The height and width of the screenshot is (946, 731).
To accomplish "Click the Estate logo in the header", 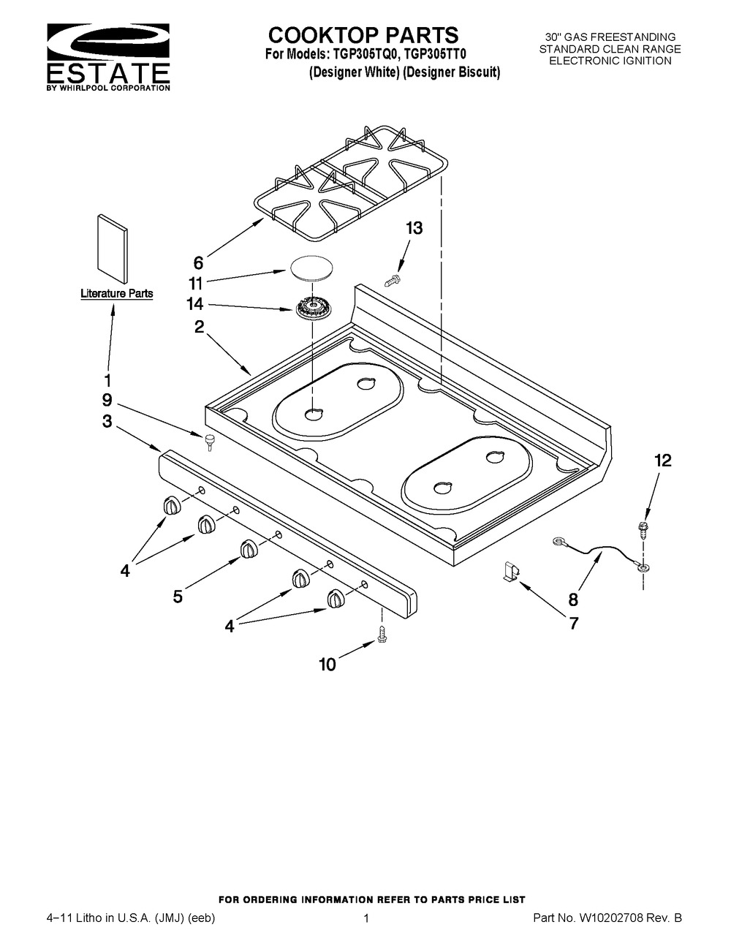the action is [x=108, y=56].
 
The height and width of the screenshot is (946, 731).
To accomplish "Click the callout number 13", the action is [x=414, y=228].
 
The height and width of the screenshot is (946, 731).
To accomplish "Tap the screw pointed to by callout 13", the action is [x=393, y=280].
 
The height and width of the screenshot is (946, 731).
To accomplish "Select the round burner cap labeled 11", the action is [x=309, y=266].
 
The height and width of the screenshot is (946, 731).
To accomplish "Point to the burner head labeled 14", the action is [x=312, y=309].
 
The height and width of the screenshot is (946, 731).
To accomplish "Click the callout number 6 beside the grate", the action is [x=198, y=263].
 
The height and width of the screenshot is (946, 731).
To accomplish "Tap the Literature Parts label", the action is [x=117, y=293].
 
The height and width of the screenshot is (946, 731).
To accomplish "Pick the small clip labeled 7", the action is [x=510, y=571].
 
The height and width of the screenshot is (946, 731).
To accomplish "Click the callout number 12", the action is [x=663, y=460].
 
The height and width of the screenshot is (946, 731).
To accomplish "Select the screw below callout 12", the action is [x=643, y=527].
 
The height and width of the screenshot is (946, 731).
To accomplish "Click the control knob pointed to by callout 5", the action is [x=249, y=548].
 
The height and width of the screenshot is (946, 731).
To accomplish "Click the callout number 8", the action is [x=574, y=599].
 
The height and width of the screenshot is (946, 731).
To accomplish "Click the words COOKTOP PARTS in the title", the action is [x=363, y=35].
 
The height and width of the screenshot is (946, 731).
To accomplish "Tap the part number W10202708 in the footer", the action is [x=610, y=918].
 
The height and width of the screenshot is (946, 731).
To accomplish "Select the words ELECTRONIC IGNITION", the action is [x=610, y=61].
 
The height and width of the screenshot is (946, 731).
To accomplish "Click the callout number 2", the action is [x=199, y=327].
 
